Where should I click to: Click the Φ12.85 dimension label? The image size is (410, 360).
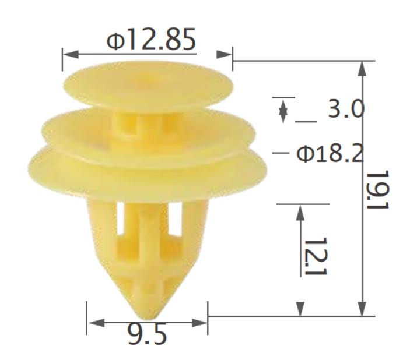pos(151,39)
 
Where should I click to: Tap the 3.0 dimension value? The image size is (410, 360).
pos(346,108)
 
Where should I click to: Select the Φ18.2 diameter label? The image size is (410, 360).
pos(330,154)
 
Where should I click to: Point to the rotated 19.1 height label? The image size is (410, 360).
pos(377,190)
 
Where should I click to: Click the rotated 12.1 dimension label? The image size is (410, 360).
pos(316,256)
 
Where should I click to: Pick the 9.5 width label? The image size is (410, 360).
pos(147,334)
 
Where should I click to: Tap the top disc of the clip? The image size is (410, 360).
pos(148,85)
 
